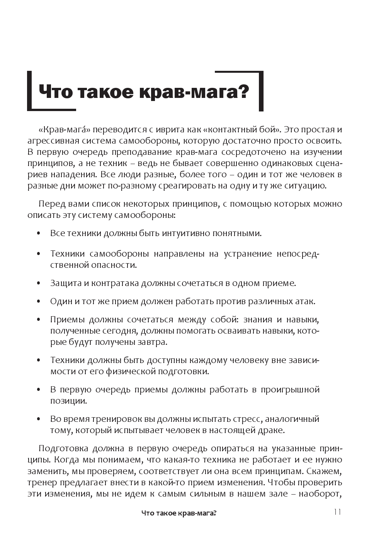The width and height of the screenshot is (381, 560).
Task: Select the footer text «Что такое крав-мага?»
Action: pos(179,513)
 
